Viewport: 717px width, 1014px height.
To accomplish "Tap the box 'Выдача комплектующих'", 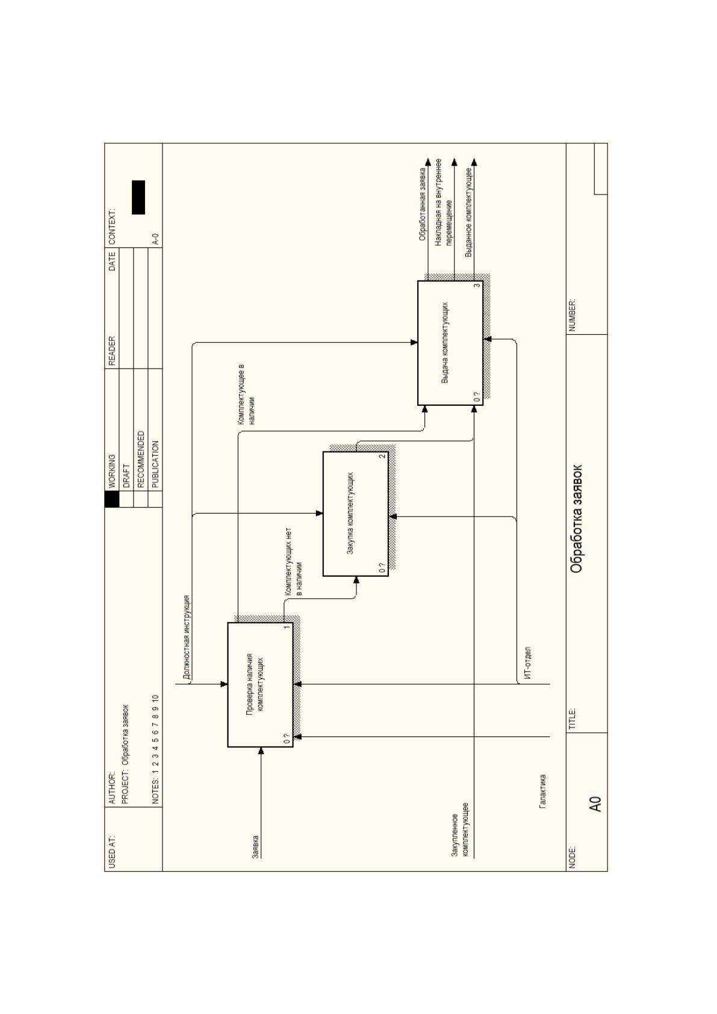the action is (x=450, y=343).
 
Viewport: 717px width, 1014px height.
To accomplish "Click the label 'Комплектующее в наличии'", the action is (x=246, y=394).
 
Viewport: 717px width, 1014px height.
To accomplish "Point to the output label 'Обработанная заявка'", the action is (x=422, y=204).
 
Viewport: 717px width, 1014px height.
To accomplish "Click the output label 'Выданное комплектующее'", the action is (x=469, y=213).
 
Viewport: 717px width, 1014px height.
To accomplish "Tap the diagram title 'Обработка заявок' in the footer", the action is (x=576, y=519).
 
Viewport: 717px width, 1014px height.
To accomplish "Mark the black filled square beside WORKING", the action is (x=112, y=499).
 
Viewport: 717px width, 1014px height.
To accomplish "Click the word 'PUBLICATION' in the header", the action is (x=155, y=464).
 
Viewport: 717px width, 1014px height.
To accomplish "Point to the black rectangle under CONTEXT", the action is (x=138, y=198).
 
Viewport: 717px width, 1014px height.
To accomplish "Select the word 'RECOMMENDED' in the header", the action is (x=141, y=459).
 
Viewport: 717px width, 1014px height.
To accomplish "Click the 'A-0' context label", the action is (x=155, y=239).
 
